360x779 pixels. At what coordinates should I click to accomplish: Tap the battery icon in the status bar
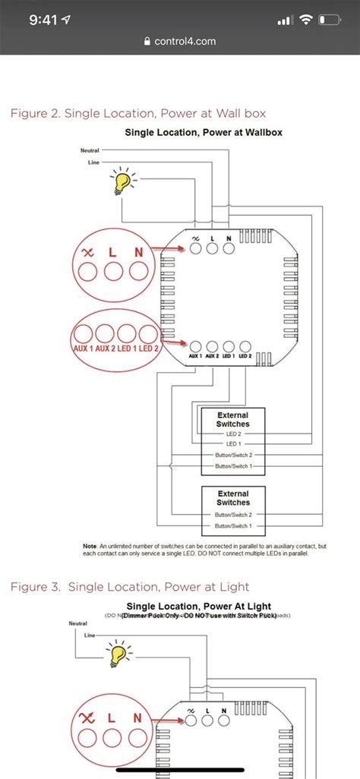328,20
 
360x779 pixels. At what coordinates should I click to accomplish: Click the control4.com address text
185,42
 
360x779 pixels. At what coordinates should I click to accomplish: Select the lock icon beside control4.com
147,42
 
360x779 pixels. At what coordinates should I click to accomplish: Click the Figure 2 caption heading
137,113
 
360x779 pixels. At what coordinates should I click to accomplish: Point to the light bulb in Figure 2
121,182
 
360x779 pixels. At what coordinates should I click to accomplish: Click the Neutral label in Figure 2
90,150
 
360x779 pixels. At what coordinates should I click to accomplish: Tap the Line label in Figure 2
93,162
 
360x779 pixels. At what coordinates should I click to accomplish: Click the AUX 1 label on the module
195,355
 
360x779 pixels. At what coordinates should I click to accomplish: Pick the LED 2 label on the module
245,355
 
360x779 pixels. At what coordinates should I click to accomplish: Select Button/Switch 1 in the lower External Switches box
233,525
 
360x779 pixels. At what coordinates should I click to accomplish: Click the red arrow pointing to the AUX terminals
173,342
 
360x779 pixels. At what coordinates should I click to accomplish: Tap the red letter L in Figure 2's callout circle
112,251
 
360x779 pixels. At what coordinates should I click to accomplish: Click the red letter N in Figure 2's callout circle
137,251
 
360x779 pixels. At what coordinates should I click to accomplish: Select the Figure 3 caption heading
129,587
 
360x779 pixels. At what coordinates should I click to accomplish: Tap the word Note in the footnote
90,546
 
